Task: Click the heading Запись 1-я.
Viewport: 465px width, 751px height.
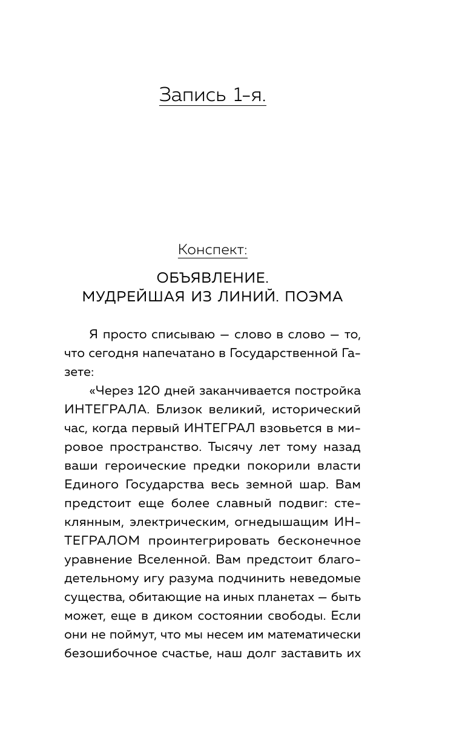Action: click(x=213, y=95)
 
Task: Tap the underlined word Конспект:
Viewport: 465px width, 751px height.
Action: click(x=213, y=249)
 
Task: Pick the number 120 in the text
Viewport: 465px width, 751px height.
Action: click(x=150, y=391)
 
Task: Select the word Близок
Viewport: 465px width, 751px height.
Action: click(x=178, y=410)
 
